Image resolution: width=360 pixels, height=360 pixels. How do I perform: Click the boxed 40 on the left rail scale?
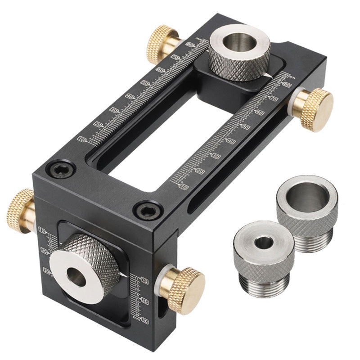(x=130, y=96)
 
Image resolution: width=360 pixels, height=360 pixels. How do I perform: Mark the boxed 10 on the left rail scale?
(x=81, y=139)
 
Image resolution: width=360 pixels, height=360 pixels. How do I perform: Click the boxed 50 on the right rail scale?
(x=246, y=127)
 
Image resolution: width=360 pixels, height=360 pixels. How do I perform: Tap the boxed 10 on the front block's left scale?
(x=43, y=231)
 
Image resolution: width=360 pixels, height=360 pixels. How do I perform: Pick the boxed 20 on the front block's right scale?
(x=144, y=300)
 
